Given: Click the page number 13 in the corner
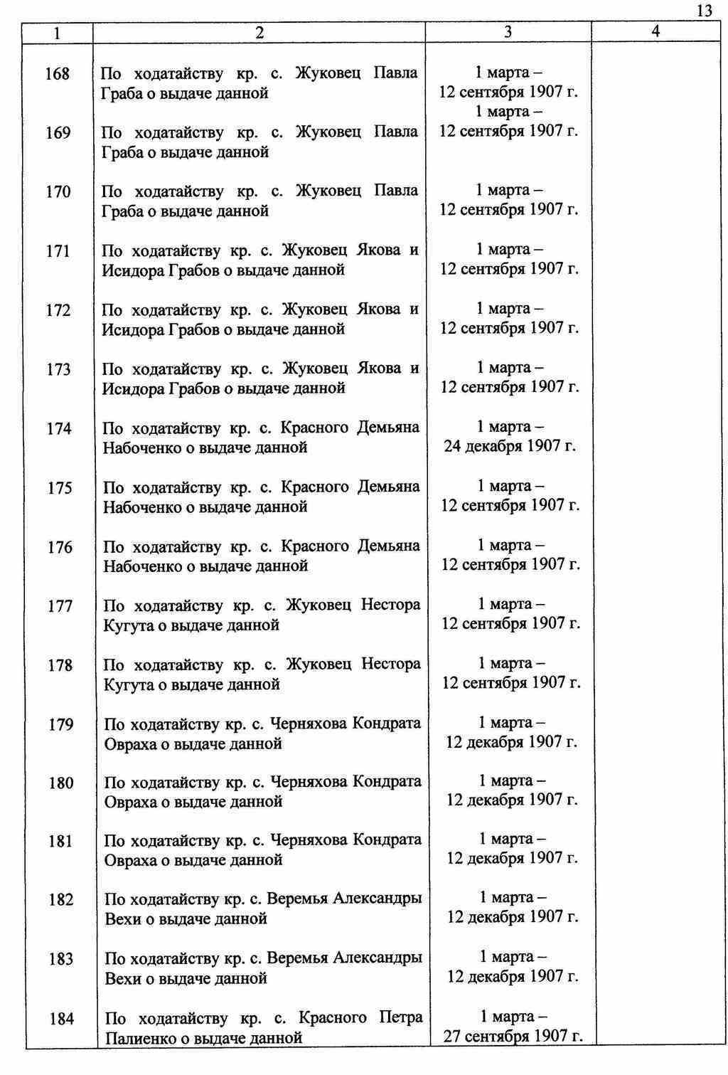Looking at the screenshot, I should click(704, 10).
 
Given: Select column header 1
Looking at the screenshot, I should click(57, 33).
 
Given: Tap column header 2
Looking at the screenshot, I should click(259, 33).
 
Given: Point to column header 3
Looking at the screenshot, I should click(508, 32).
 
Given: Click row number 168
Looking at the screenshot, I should click(58, 74).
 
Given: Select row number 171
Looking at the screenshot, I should click(58, 251).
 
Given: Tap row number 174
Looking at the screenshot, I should click(59, 429).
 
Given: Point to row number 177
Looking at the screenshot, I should click(60, 606).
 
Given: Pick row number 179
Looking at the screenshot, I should click(60, 725).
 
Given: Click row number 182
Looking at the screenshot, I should click(61, 900).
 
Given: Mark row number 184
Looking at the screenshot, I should click(62, 1019).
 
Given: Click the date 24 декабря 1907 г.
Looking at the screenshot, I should click(510, 447).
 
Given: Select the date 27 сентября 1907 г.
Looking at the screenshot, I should click(513, 1036).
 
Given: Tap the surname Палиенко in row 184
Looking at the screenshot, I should click(139, 1038).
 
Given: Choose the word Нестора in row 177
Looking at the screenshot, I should click(390, 605).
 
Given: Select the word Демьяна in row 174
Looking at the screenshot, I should click(390, 428).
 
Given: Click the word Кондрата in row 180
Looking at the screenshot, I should click(387, 781).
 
